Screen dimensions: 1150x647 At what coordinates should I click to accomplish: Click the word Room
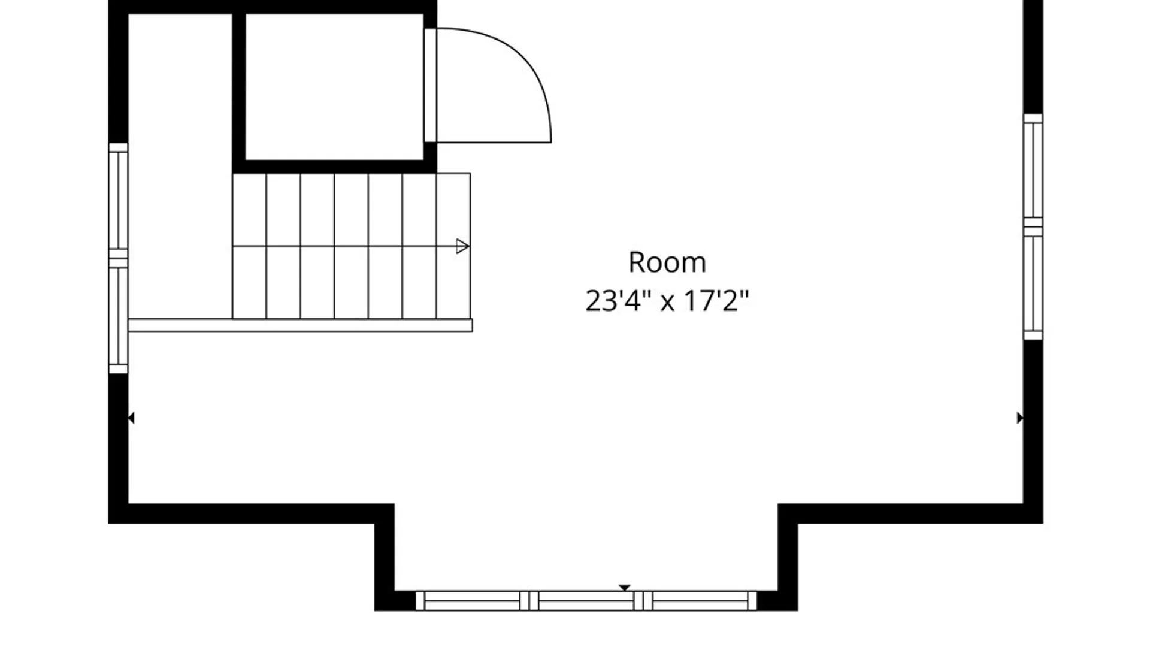point(667,262)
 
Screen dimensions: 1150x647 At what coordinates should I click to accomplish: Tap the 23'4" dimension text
point(618,300)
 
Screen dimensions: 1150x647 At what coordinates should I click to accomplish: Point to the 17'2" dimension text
point(716,300)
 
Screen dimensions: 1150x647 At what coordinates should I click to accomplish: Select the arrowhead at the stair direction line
point(462,246)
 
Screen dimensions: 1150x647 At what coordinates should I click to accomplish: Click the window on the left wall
point(118,258)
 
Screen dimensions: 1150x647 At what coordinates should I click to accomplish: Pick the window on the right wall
point(1033,226)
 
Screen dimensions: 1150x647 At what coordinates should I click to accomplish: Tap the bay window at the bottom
point(586,601)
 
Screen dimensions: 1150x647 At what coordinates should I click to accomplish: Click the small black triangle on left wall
point(131,418)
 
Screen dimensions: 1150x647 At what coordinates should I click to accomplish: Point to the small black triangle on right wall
point(1019,418)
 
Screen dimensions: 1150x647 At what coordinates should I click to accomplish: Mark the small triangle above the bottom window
point(625,588)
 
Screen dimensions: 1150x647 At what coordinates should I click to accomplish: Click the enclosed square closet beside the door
point(334,87)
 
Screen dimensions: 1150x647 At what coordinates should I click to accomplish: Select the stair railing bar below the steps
point(300,325)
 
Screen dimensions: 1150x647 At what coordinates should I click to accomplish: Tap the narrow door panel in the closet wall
point(430,84)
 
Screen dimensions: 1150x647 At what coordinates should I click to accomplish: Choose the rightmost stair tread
point(453,246)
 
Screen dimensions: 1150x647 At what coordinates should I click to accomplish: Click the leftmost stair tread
point(249,246)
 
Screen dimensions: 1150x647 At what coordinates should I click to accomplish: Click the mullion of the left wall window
point(118,258)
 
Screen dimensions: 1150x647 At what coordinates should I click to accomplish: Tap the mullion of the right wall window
point(1033,226)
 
